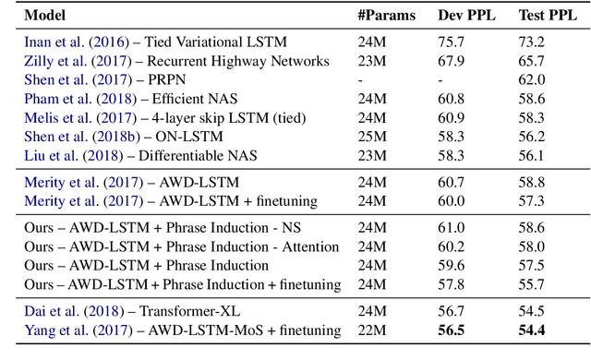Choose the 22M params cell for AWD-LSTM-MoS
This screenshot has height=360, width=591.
(x=371, y=330)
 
